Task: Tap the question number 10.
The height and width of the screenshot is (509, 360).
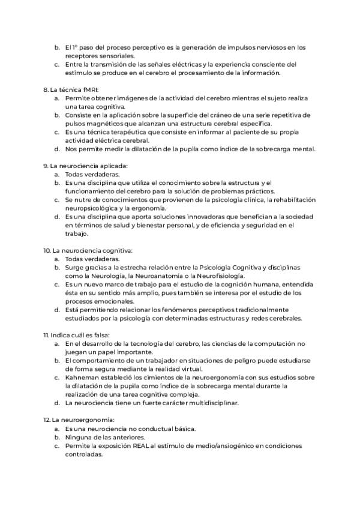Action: point(47,249)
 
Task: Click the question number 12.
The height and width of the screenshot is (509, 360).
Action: point(46,420)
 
